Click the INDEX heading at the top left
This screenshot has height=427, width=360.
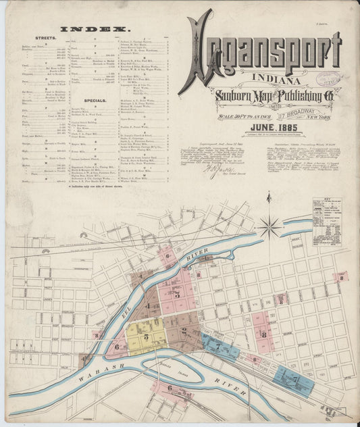[95, 29]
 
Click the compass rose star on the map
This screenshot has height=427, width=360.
[269, 226]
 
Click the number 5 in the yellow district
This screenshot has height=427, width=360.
[146, 336]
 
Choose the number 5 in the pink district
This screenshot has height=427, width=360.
[178, 293]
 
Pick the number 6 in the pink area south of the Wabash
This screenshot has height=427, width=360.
[170, 387]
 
